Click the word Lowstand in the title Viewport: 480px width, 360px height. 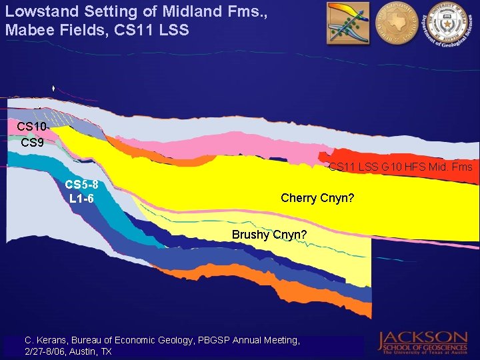click(39, 11)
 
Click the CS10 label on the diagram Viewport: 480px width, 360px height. click(32, 127)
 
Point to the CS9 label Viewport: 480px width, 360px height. click(32, 143)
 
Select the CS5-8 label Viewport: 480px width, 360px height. click(81, 185)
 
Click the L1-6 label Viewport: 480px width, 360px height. click(81, 199)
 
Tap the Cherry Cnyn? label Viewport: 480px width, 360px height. click(317, 197)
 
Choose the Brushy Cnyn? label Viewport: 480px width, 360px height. click(269, 235)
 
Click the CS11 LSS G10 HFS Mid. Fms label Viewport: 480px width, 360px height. click(400, 167)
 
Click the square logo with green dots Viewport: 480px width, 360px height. click(347, 23)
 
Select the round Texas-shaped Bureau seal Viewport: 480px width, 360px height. click(395, 23)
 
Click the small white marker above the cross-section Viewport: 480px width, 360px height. click(53, 89)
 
